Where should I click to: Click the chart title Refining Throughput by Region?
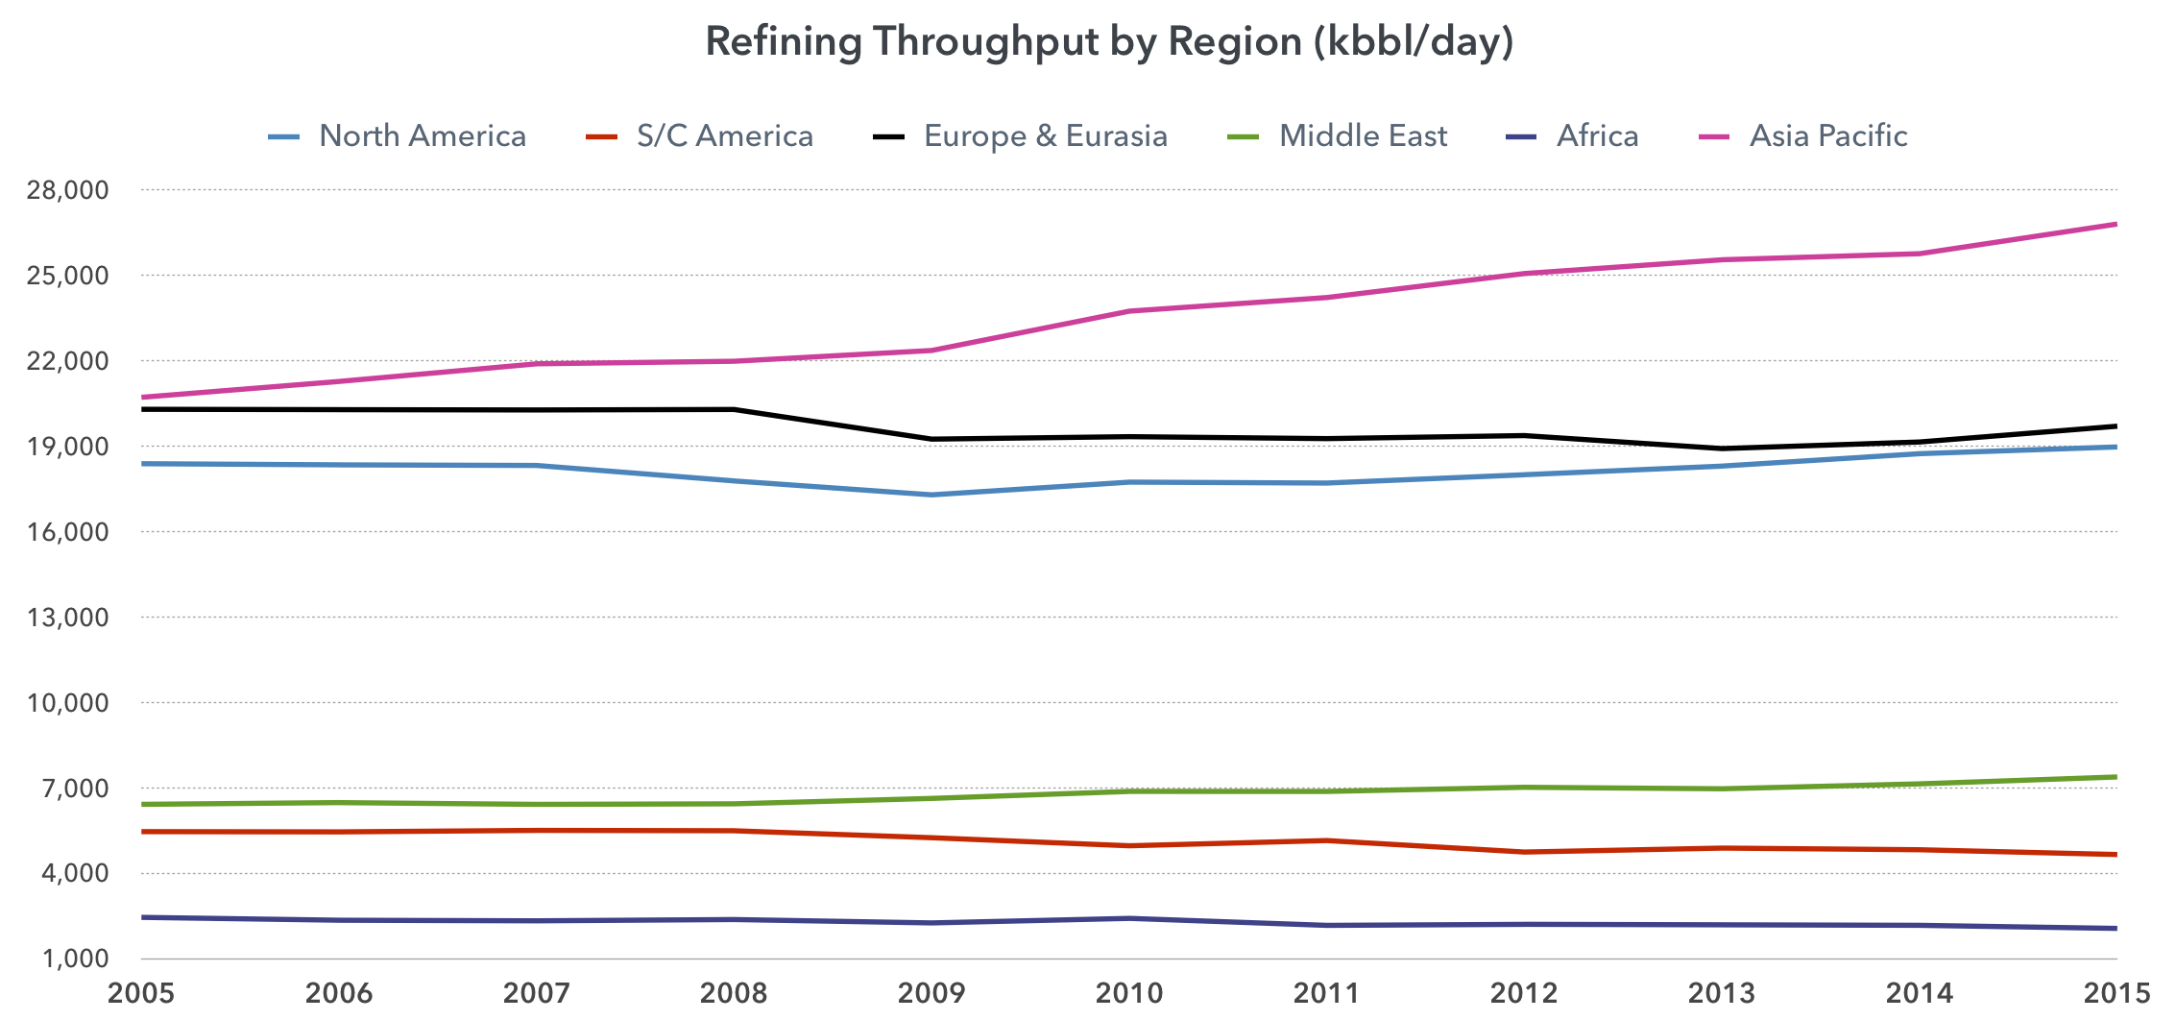click(1109, 42)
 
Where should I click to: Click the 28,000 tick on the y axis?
click(67, 190)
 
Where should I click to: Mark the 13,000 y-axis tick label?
click(67, 618)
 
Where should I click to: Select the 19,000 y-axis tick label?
click(67, 447)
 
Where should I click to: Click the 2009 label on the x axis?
click(931, 993)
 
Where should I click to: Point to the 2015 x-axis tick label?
click(2116, 993)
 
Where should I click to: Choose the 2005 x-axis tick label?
click(141, 993)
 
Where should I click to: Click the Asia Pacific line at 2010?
click(1129, 311)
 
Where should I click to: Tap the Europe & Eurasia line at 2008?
click(735, 409)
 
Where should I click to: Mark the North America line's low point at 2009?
click(931, 495)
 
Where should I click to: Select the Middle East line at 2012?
click(1524, 788)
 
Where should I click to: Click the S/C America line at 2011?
click(1327, 840)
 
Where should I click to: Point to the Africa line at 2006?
click(339, 920)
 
